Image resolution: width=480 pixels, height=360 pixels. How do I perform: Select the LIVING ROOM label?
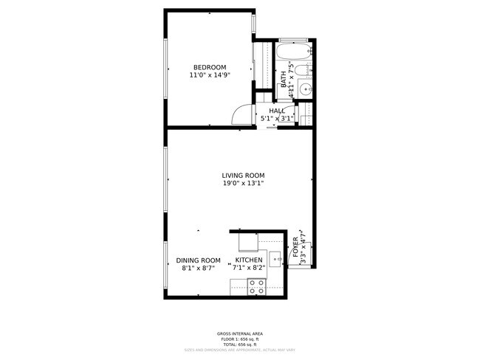click(x=243, y=175)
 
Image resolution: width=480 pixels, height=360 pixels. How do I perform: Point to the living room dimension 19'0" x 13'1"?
click(x=243, y=184)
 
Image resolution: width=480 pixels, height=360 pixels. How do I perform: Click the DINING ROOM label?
click(x=198, y=260)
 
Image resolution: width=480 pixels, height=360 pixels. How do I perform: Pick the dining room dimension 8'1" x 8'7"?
click(x=198, y=269)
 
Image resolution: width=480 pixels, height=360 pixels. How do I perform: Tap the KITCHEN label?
click(x=249, y=260)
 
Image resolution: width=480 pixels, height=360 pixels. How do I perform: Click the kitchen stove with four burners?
click(x=257, y=288)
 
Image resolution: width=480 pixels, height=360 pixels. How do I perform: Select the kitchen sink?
click(x=275, y=258)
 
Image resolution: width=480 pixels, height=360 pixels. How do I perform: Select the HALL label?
click(x=277, y=111)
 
